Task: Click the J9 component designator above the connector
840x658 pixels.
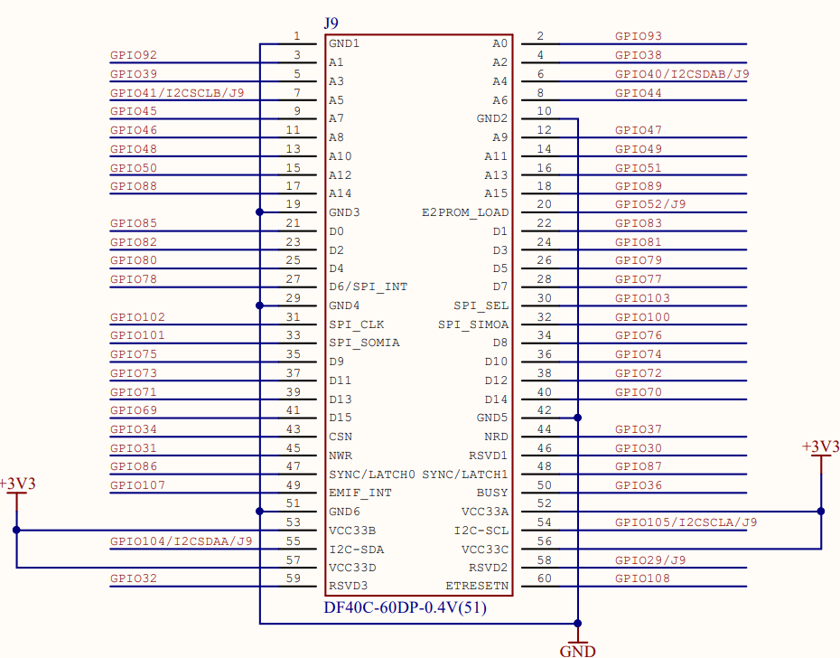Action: (331, 22)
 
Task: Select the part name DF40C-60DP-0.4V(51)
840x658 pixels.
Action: (406, 608)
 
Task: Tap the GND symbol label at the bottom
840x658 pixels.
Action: (577, 650)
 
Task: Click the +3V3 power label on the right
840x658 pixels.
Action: (820, 446)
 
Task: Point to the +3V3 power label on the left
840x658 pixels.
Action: (17, 484)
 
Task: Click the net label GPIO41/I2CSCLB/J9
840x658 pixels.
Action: (176, 92)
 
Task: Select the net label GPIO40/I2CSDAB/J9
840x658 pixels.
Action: (682, 74)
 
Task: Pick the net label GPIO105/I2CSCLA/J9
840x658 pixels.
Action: (686, 522)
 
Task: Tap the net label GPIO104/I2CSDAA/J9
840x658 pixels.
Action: (181, 540)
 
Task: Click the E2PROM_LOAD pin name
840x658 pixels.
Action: (464, 212)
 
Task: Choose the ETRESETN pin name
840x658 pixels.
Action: (477, 586)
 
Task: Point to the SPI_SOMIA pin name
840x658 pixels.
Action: (364, 343)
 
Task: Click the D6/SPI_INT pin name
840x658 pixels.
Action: (368, 287)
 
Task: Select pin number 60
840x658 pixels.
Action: (544, 578)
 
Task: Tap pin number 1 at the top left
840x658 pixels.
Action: (296, 36)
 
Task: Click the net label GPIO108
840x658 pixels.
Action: (642, 578)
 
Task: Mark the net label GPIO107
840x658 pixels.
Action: (137, 484)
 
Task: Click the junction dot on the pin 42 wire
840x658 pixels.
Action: (578, 418)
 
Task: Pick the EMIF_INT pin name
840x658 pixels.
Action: (359, 493)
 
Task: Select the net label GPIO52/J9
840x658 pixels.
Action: (650, 204)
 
